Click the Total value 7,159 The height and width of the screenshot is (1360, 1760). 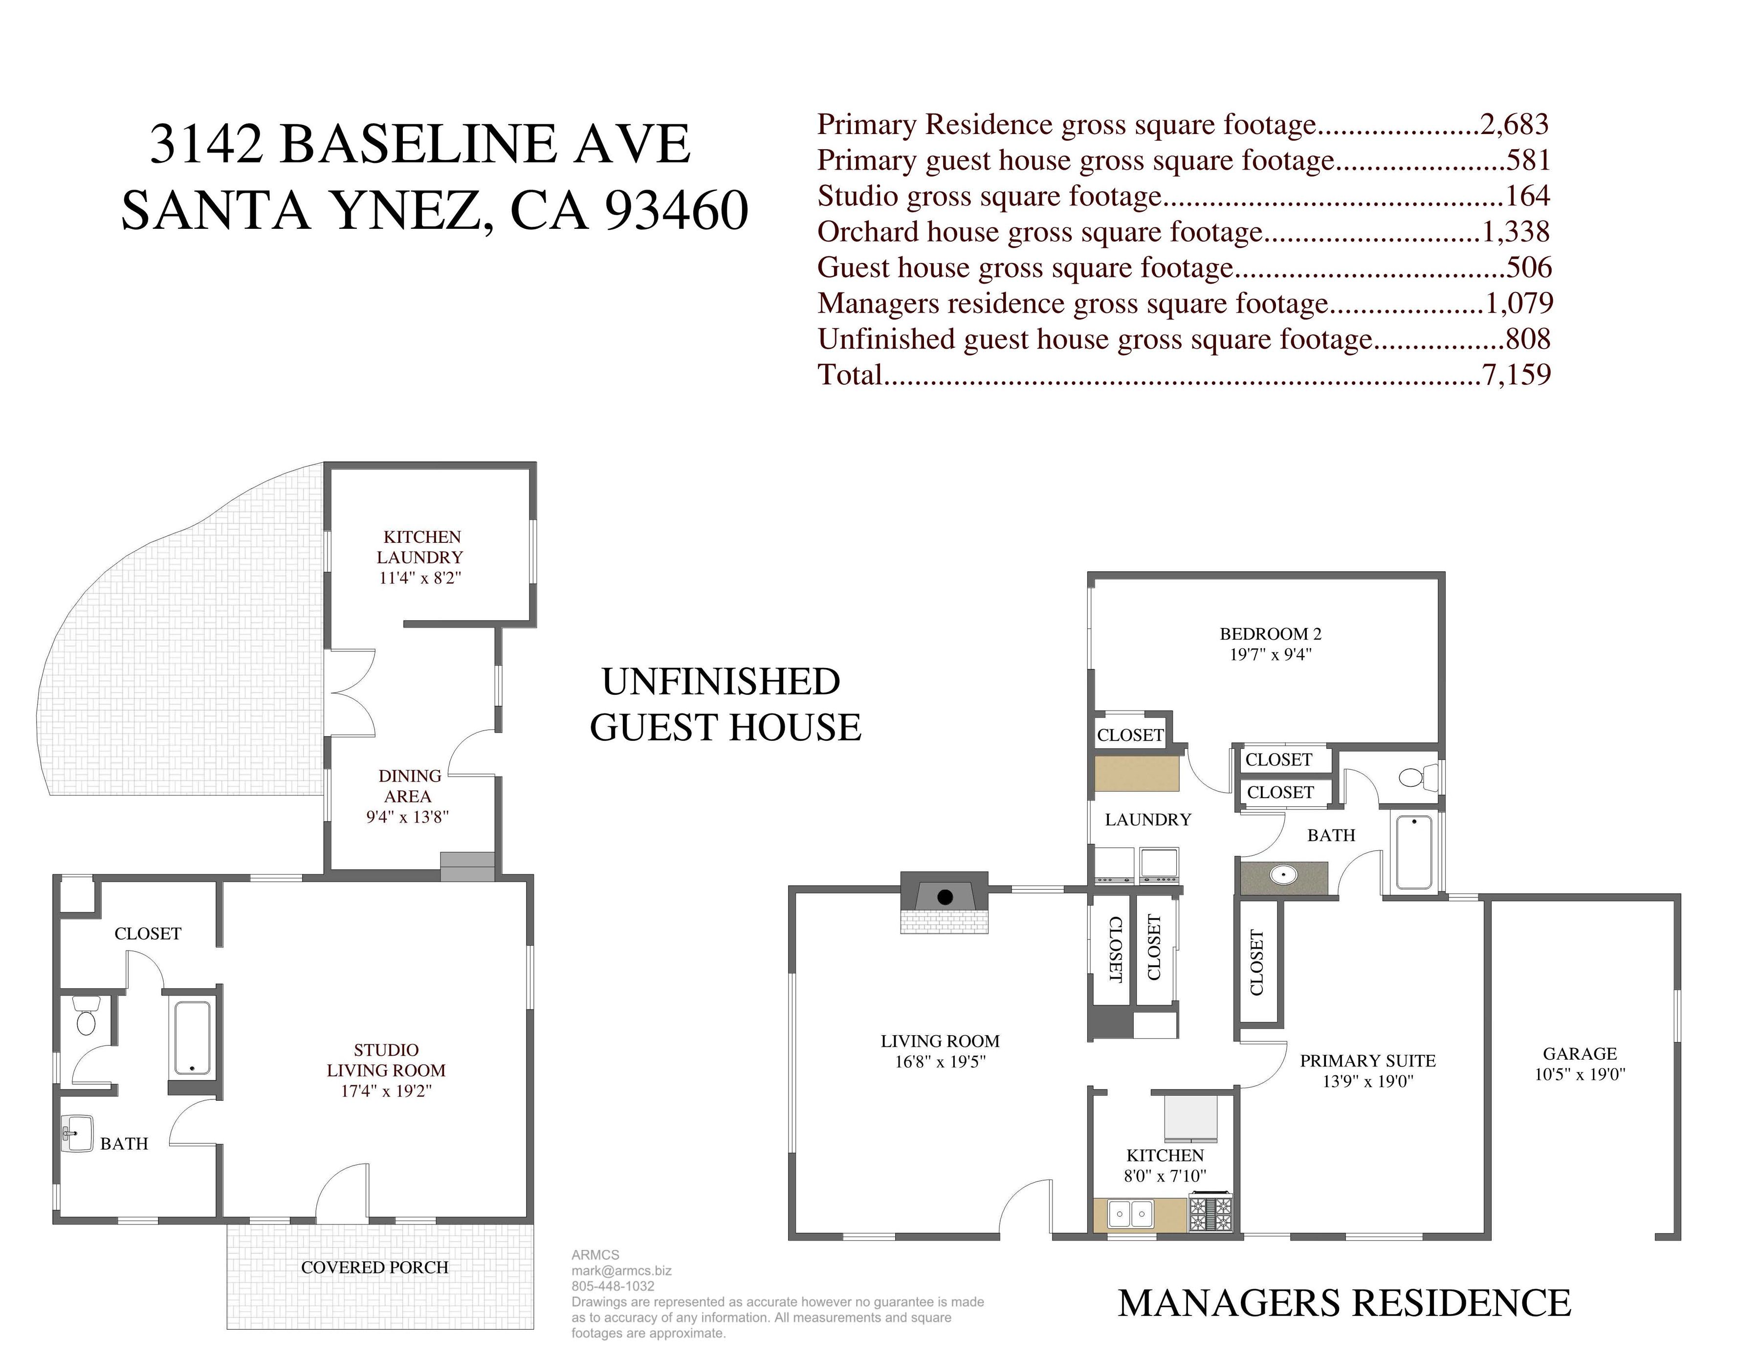click(x=1516, y=375)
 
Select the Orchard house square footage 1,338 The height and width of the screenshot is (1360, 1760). click(x=1515, y=232)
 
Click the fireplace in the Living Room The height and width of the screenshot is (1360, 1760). click(x=945, y=901)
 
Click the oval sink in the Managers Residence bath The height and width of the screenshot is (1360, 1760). click(x=1283, y=875)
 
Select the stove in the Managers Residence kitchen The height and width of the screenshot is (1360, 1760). click(x=1211, y=1212)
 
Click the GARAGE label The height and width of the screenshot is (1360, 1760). click(x=1580, y=1054)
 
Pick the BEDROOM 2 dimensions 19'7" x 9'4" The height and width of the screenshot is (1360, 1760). click(x=1270, y=655)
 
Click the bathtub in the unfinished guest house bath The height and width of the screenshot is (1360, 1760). click(x=193, y=1038)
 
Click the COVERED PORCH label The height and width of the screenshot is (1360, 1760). click(x=374, y=1267)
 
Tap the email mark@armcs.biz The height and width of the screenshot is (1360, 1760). click(x=621, y=1271)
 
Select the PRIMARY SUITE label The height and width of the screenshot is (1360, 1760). click(x=1367, y=1061)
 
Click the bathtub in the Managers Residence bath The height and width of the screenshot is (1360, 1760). click(x=1414, y=852)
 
